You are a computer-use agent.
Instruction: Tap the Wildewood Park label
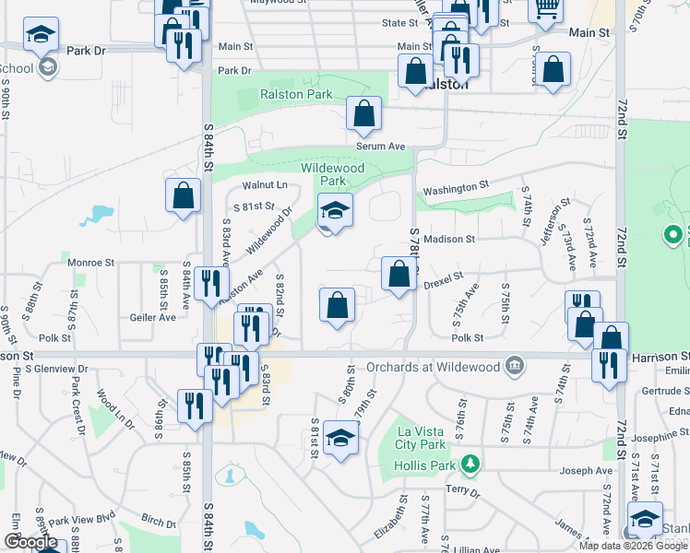tap(333, 174)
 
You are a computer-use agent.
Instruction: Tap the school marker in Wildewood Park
tap(335, 212)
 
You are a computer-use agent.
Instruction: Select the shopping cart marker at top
tap(546, 8)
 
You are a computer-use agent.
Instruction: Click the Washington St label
tap(455, 187)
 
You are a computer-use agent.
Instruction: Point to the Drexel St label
tap(443, 276)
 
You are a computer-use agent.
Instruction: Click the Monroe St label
tap(89, 263)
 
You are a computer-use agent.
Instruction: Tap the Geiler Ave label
tap(153, 317)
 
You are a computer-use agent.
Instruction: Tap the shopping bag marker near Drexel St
tap(399, 275)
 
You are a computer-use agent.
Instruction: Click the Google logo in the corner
tap(31, 542)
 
